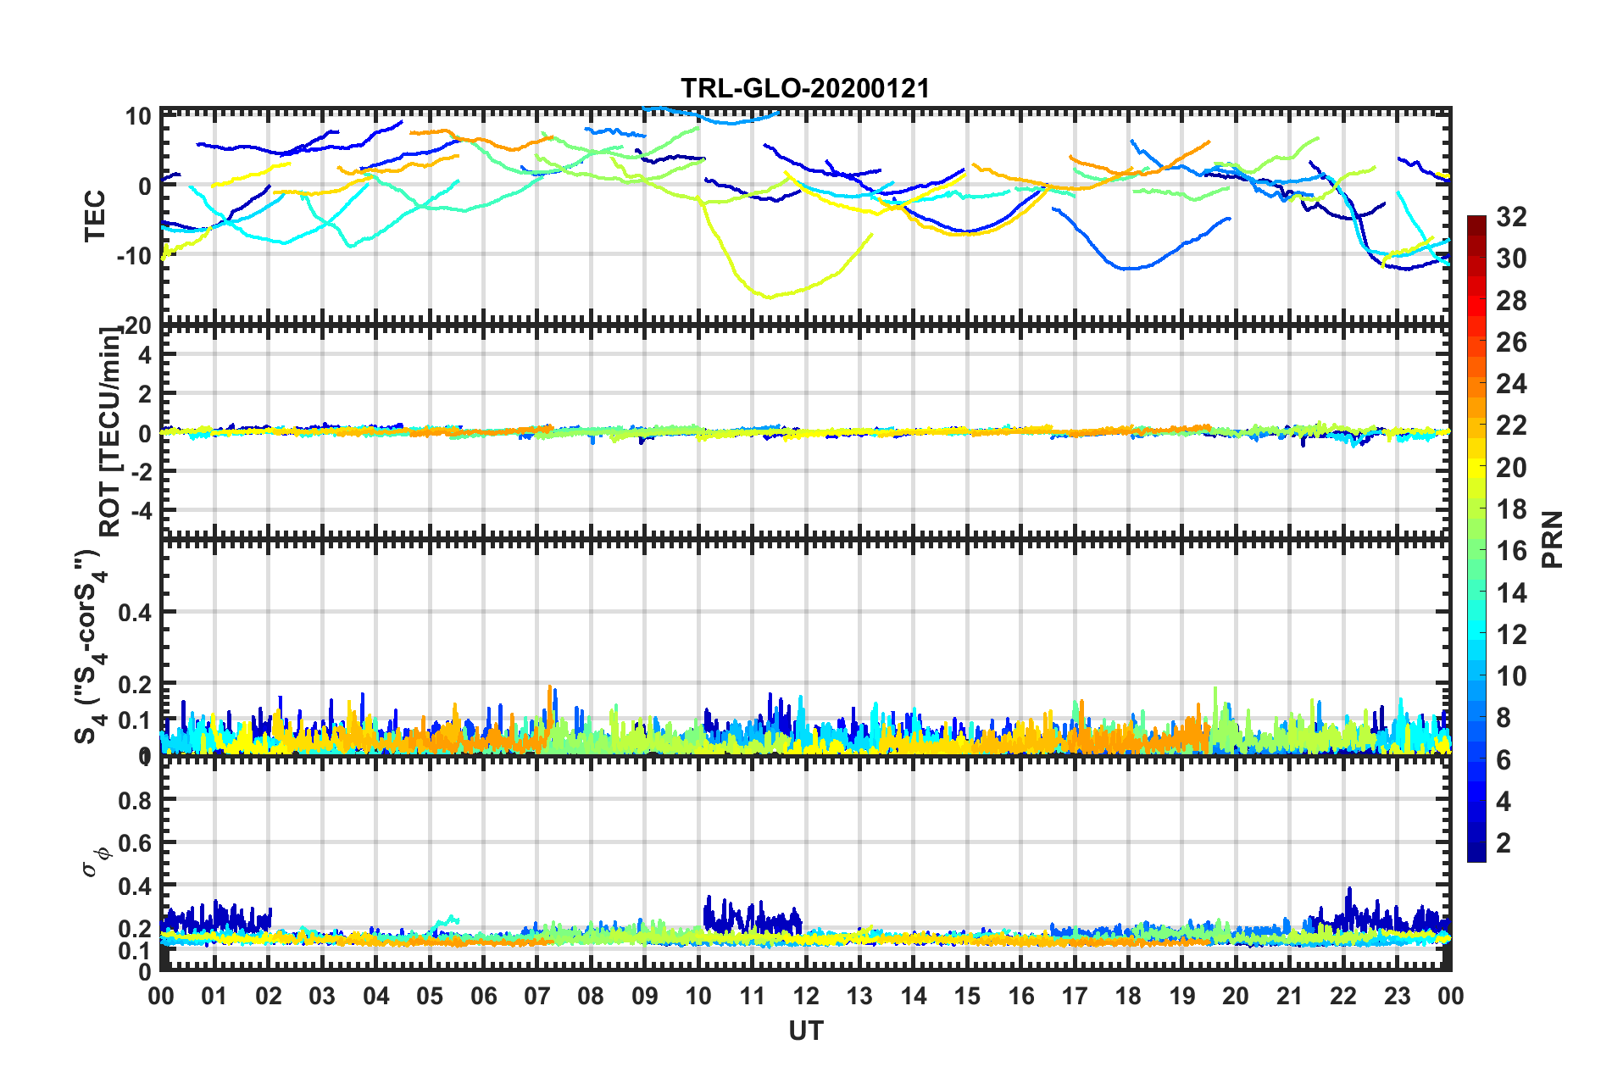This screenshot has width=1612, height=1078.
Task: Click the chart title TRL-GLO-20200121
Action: (x=805, y=88)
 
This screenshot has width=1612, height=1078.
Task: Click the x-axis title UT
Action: (x=805, y=1031)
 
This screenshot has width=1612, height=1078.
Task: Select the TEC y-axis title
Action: (x=95, y=215)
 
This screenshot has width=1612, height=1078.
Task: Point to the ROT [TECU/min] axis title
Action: (x=109, y=431)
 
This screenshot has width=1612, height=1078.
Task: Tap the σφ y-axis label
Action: (x=95, y=859)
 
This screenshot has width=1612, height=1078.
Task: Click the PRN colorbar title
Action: (x=1553, y=539)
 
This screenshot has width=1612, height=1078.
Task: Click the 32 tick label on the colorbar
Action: (x=1510, y=217)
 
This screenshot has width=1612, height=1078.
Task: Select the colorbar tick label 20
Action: (x=1510, y=467)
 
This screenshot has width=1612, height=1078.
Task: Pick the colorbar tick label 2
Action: (x=1504, y=842)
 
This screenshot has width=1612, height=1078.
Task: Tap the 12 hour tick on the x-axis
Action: (x=806, y=996)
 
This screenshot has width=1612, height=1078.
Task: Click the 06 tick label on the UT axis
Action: (x=483, y=996)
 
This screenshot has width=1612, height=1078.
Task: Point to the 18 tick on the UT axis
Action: (x=1128, y=996)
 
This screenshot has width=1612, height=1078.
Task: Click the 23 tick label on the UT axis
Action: (x=1397, y=996)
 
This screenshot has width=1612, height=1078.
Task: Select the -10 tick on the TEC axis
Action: (x=133, y=255)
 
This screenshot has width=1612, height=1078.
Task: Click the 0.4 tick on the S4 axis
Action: (x=136, y=612)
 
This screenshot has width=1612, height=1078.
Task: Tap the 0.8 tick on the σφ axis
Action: (x=136, y=800)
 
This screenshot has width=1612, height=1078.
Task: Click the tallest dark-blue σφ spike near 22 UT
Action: (x=1349, y=889)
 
